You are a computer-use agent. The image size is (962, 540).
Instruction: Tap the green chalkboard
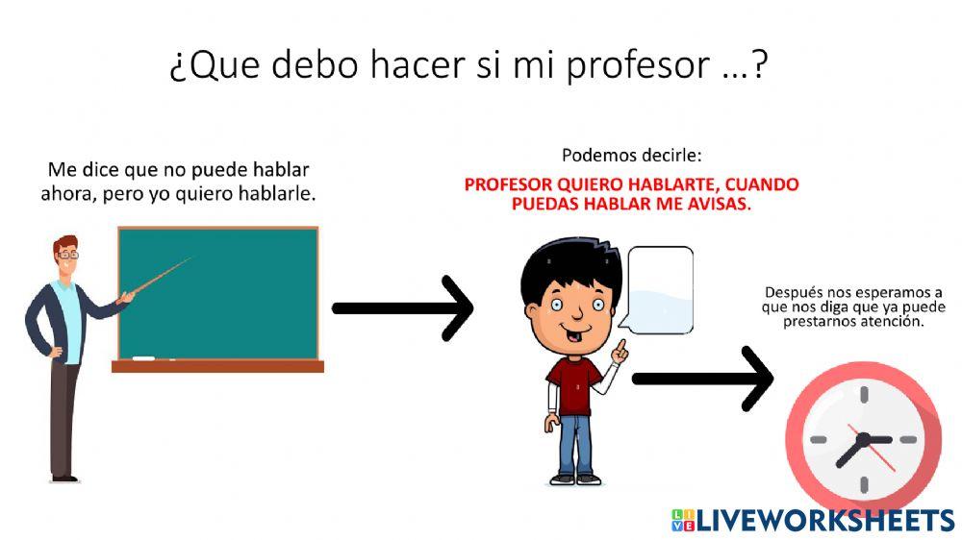[x=217, y=292]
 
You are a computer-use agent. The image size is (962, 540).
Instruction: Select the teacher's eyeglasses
[x=68, y=255]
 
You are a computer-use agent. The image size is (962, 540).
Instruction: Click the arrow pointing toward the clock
[x=702, y=378]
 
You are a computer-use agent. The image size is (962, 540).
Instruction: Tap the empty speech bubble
[x=659, y=286]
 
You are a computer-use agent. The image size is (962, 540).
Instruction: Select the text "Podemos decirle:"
[x=631, y=155]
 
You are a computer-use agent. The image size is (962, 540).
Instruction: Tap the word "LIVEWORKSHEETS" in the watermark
[x=824, y=521]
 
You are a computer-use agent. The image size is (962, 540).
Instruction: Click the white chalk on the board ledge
[x=144, y=358]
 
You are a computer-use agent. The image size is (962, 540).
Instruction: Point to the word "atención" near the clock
[x=894, y=322]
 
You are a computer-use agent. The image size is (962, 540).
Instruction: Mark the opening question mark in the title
[x=176, y=67]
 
